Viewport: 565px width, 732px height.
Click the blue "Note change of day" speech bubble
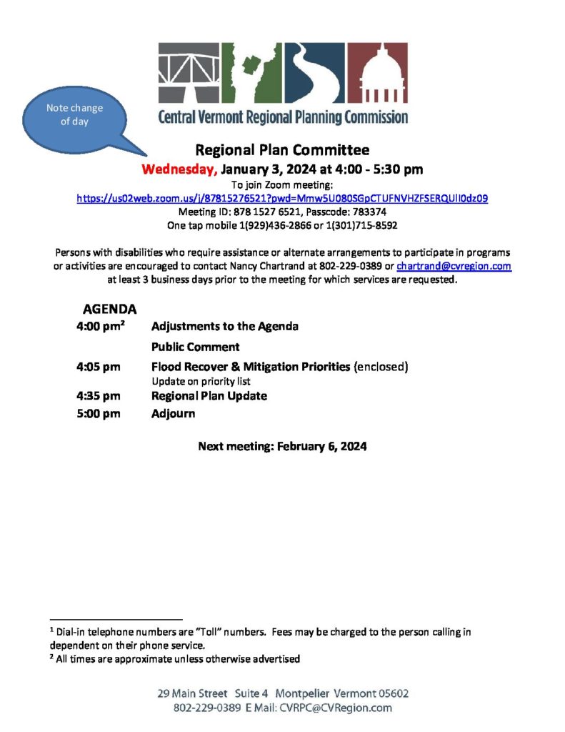(75, 115)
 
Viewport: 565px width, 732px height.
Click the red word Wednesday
(179, 169)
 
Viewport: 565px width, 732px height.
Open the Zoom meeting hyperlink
(282, 198)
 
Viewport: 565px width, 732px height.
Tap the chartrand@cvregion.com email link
(454, 266)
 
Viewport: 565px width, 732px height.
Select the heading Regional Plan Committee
(282, 150)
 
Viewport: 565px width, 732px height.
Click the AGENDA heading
(110, 310)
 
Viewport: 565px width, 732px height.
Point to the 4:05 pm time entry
(98, 367)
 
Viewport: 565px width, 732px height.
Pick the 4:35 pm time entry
(98, 396)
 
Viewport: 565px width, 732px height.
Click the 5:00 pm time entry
(98, 413)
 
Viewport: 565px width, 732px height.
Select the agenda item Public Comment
(195, 347)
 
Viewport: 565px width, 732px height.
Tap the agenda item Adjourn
(173, 413)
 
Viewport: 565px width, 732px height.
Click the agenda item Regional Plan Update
(209, 396)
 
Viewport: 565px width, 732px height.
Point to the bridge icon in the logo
(189, 72)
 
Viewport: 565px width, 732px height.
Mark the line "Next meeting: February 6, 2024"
(282, 447)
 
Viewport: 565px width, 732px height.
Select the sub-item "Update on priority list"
(201, 382)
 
